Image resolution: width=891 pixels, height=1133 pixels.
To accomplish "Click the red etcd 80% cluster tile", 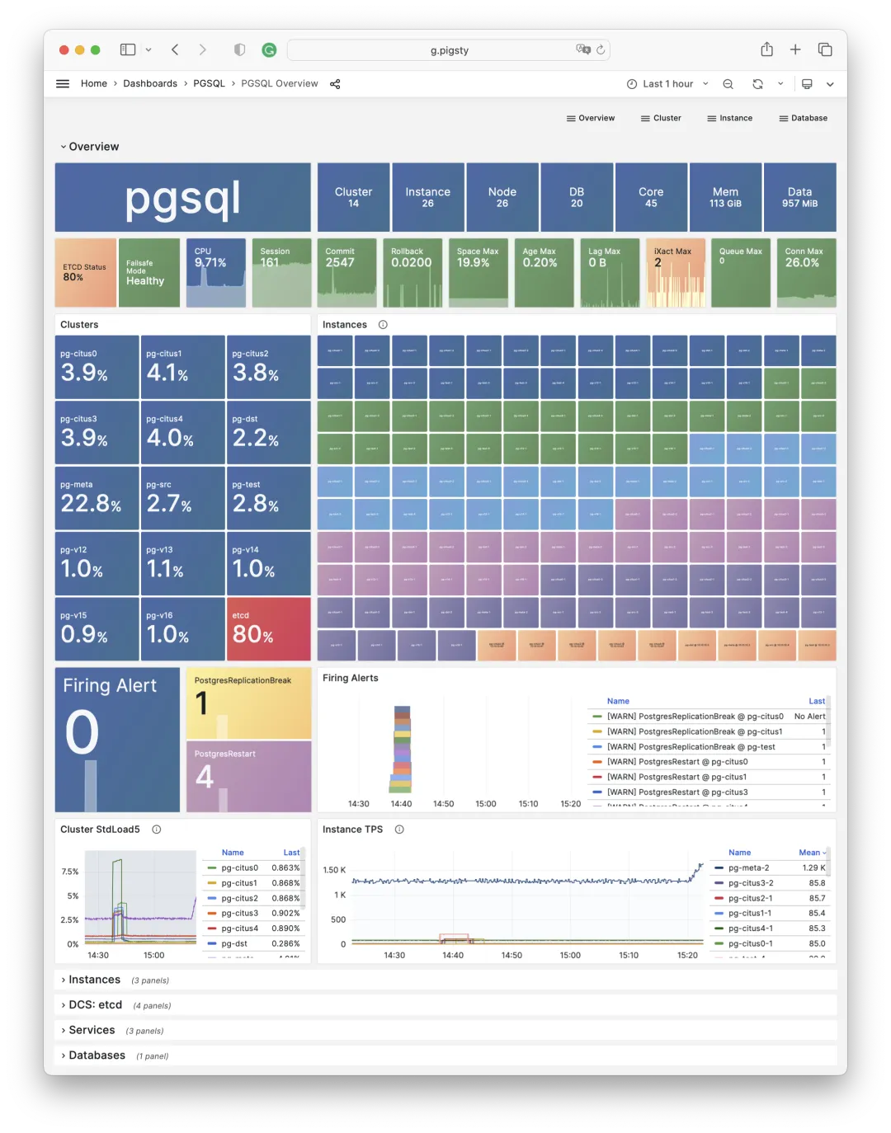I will click(268, 628).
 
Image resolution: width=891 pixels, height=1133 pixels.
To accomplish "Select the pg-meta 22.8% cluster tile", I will click(97, 498).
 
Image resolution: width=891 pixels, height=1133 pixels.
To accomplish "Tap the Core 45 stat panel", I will click(651, 197).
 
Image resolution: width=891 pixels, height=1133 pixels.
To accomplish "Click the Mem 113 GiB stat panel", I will click(725, 197).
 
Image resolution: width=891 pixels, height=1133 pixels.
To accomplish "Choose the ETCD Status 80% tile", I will click(85, 273).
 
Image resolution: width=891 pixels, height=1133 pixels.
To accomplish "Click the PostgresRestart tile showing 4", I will click(248, 776).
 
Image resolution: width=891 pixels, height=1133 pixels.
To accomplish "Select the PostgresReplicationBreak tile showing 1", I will click(248, 703).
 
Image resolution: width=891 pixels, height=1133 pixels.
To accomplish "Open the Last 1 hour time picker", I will click(667, 84).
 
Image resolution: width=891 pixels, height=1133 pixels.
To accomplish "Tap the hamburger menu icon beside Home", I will click(63, 84).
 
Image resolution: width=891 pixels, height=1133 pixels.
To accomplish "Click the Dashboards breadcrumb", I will click(150, 84).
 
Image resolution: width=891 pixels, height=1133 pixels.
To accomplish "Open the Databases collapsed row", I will click(97, 1055).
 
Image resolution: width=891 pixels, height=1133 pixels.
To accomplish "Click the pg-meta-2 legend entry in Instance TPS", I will click(748, 867).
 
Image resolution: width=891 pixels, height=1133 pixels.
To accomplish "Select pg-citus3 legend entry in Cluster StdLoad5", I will click(239, 913).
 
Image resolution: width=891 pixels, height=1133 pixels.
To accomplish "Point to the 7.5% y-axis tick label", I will click(70, 872).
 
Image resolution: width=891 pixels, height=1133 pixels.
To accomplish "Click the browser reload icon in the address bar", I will click(601, 50).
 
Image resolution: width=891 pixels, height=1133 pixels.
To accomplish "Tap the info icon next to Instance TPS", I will click(399, 830).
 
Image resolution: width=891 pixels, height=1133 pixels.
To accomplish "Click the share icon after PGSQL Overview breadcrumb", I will click(335, 84).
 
